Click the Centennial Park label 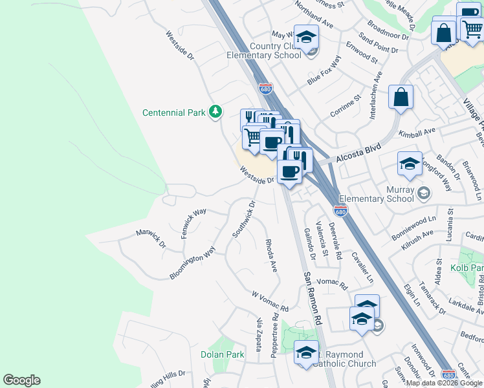pyautogui.click(x=173, y=113)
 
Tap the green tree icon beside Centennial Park pyautogui.click(x=215, y=113)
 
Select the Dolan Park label pyautogui.click(x=222, y=354)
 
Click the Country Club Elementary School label pyautogui.click(x=264, y=50)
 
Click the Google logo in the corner pyautogui.click(x=21, y=380)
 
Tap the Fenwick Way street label pyautogui.click(x=193, y=222)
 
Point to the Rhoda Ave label pyautogui.click(x=271, y=255)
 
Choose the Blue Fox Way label pyautogui.click(x=324, y=71)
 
